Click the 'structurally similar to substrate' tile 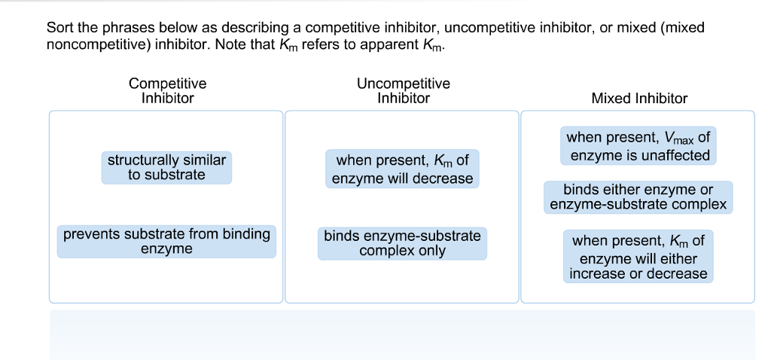tap(166, 167)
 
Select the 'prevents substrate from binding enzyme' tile tap(166, 241)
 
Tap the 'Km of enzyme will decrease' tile tap(403, 169)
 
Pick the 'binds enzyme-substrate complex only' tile tap(402, 243)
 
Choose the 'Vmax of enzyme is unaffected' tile tap(638, 146)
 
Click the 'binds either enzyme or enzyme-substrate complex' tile tap(638, 197)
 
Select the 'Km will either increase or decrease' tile tap(638, 257)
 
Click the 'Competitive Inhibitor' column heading tap(167, 90)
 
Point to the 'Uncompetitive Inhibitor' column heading tap(404, 90)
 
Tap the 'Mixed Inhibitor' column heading tap(639, 98)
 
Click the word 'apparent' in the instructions tap(386, 44)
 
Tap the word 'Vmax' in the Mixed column tap(679, 138)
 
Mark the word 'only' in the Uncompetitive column tap(431, 251)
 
